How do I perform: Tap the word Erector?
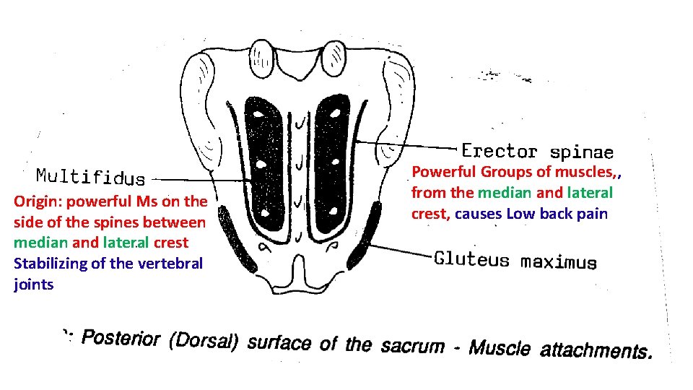click(500, 152)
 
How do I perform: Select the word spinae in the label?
click(581, 152)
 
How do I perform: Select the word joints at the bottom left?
click(33, 285)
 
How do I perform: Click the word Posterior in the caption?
click(121, 338)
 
